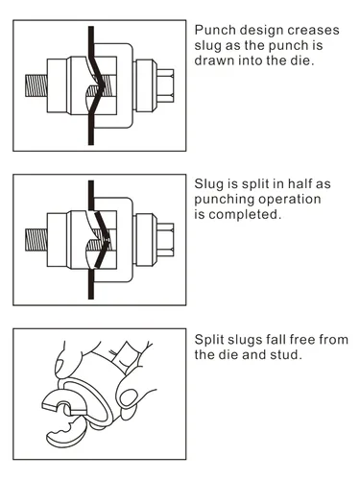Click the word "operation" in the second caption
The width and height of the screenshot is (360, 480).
[290, 200]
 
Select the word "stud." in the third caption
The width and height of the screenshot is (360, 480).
[286, 354]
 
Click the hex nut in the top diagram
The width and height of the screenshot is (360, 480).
[165, 85]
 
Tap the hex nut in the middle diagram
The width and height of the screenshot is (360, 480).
[165, 240]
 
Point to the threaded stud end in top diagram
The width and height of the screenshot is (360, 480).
[36, 85]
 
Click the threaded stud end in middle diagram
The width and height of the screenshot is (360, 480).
[36, 240]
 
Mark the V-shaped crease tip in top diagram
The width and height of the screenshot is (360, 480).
[104, 85]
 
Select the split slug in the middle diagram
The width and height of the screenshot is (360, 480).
[103, 240]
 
